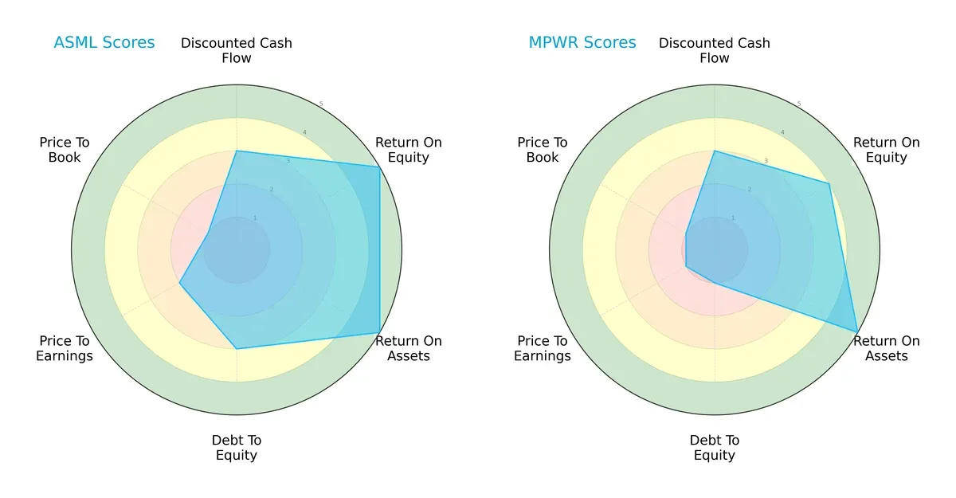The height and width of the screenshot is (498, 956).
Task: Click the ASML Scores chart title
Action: pyautogui.click(x=104, y=42)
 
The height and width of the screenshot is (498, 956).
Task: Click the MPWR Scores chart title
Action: pyautogui.click(x=582, y=42)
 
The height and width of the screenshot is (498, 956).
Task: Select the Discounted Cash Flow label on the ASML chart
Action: pyautogui.click(x=237, y=50)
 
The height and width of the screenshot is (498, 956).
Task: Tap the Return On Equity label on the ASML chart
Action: pyautogui.click(x=409, y=150)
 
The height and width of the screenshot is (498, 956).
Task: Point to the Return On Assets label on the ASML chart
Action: pyautogui.click(x=409, y=348)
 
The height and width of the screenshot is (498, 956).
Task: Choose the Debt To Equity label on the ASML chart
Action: pyautogui.click(x=237, y=448)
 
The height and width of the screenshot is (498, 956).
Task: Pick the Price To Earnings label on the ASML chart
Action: pyautogui.click(x=65, y=348)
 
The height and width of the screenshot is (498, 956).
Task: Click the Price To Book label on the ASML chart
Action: pyautogui.click(x=65, y=150)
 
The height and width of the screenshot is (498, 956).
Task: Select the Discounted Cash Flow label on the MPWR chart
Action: pyautogui.click(x=715, y=50)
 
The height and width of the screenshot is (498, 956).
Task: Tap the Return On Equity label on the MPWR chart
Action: pyautogui.click(x=887, y=150)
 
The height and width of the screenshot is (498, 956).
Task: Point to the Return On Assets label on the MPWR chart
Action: pyautogui.click(x=887, y=348)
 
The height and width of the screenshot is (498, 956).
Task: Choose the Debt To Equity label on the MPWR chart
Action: pyautogui.click(x=715, y=448)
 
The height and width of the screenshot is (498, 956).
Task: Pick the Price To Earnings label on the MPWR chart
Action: pyautogui.click(x=543, y=348)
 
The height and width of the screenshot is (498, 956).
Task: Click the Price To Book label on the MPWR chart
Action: pyautogui.click(x=543, y=150)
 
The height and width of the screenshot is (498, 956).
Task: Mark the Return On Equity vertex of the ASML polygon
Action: pyautogui.click(x=379, y=167)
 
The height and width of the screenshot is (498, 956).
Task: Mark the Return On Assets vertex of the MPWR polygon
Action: pyautogui.click(x=857, y=331)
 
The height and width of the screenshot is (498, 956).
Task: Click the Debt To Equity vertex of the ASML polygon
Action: pyautogui.click(x=237, y=348)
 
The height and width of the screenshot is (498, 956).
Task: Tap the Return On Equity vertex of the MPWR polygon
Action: pyautogui.click(x=829, y=184)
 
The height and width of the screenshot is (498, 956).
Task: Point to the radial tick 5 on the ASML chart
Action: pyautogui.click(x=321, y=104)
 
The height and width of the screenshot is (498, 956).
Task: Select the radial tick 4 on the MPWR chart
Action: pyautogui.click(x=782, y=132)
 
